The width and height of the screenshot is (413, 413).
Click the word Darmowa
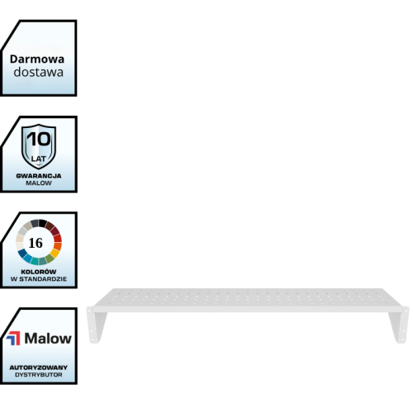pyautogui.click(x=37, y=59)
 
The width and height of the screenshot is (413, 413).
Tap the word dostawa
pyautogui.click(x=39, y=72)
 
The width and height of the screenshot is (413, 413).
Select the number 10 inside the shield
pyautogui.click(x=39, y=139)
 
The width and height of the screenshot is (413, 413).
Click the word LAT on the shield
pyautogui.click(x=39, y=159)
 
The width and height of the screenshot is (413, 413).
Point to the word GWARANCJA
pyautogui.click(x=39, y=176)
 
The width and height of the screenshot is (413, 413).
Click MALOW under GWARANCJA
pyautogui.click(x=39, y=183)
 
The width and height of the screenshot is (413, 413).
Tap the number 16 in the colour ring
pyautogui.click(x=36, y=243)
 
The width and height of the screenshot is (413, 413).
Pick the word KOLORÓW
pyautogui.click(x=39, y=272)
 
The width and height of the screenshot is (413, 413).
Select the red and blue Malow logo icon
pyautogui.click(x=13, y=338)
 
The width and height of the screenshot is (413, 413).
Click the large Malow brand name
pyautogui.click(x=48, y=339)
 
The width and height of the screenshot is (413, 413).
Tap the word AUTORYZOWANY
pyautogui.click(x=39, y=368)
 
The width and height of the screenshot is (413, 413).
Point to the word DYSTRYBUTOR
pyautogui.click(x=39, y=375)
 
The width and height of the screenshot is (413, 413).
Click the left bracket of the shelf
pyautogui.click(x=95, y=325)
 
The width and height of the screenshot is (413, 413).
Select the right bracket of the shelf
pyautogui.click(x=400, y=325)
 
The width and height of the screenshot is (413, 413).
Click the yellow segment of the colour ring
pyautogui.click(x=55, y=253)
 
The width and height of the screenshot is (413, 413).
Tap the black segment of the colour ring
pyautogui.click(x=42, y=223)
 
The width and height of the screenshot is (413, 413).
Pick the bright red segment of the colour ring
pyautogui.click(x=58, y=238)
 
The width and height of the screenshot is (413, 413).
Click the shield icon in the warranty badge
pyautogui.click(x=39, y=146)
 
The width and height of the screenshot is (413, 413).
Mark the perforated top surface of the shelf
pyautogui.click(x=248, y=297)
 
